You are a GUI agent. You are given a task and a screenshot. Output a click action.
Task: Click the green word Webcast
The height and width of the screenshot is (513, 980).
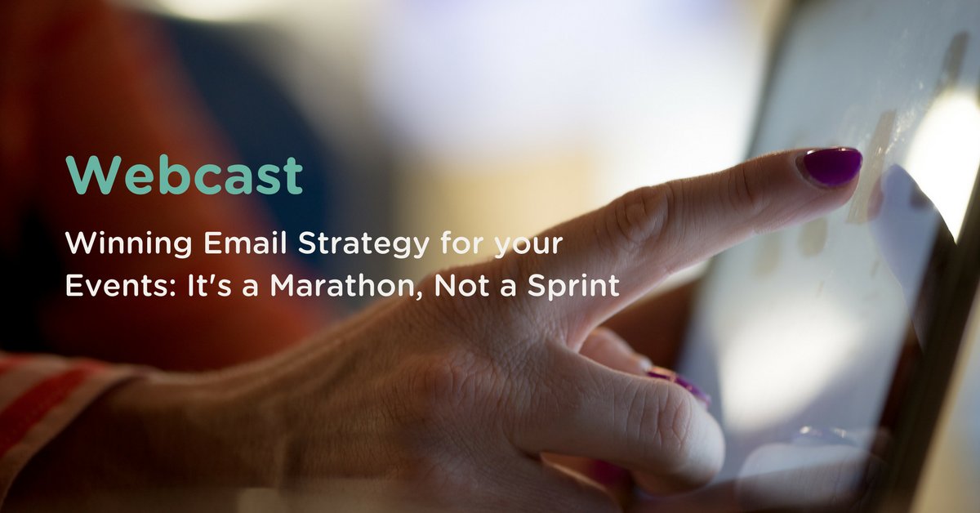tap(185, 174)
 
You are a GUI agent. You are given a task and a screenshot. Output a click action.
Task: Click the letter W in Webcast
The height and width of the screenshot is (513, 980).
tap(91, 174)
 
